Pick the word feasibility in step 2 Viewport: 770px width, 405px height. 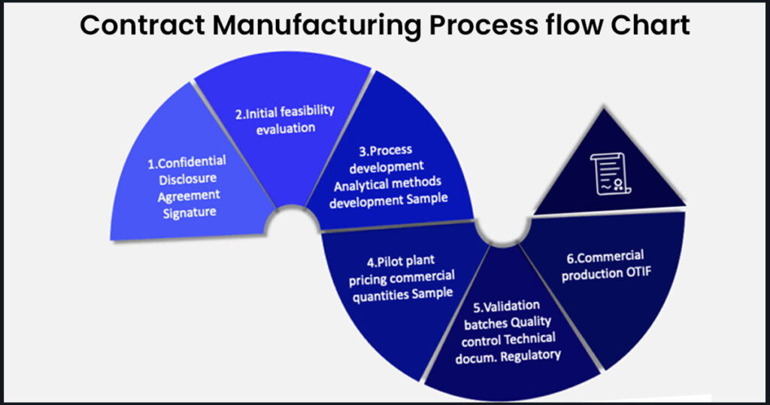coord(305,111)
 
